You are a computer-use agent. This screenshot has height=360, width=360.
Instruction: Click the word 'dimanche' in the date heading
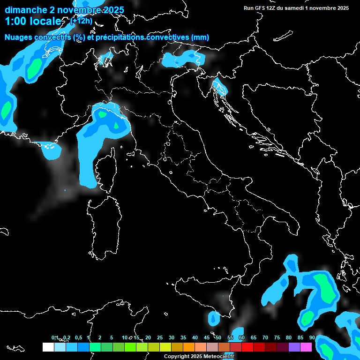[26, 10]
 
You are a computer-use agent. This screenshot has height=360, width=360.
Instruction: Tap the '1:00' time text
[16, 22]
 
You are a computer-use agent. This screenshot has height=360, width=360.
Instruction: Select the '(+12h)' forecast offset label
[81, 21]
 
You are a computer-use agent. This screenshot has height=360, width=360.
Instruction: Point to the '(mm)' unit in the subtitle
[200, 37]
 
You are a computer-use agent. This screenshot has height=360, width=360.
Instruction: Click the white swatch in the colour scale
[48, 347]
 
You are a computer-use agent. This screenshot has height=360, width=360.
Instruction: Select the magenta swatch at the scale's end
[306, 347]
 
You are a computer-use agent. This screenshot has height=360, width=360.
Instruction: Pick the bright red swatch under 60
[247, 347]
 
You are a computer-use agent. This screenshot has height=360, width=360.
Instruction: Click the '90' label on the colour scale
[312, 337]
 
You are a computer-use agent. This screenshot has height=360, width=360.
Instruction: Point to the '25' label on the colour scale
[160, 337]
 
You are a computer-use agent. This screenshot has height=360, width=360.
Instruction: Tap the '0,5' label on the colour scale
[78, 337]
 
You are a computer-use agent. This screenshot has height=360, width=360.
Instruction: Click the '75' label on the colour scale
[277, 337]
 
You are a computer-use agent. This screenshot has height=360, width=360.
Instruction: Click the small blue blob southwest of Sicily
[214, 319]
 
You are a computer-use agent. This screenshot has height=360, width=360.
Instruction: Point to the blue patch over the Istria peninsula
[219, 86]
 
